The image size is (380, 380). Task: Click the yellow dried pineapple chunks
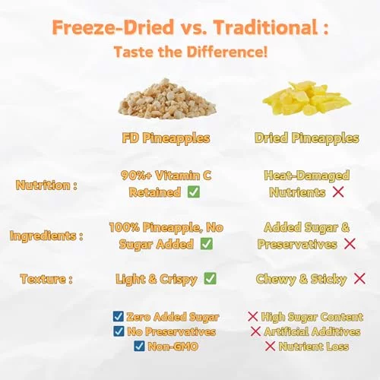pos(307,97)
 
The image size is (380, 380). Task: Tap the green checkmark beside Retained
pos(194,192)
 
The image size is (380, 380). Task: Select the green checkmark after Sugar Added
pos(207,244)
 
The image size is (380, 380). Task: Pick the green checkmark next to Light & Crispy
pos(211,278)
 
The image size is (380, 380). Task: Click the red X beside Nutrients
pos(338,192)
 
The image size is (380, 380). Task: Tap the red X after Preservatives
pos(350,244)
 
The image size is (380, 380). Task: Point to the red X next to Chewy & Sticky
pos(359,279)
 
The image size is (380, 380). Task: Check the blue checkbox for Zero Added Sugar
pos(119,316)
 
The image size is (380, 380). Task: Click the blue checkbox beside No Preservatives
pos(119,331)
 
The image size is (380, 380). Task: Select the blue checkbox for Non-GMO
pos(139,346)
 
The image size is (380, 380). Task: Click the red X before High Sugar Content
pos(252,317)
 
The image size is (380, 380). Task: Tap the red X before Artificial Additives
pos(255,331)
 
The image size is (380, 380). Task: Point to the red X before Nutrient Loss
pos(270,346)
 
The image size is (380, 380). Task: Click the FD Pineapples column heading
pos(166,138)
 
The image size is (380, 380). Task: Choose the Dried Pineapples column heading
pos(307,138)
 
